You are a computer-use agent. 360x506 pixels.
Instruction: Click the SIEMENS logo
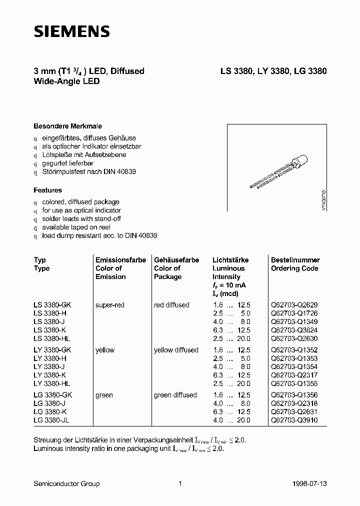point(71,31)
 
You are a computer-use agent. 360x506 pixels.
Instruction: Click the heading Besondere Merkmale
point(67,126)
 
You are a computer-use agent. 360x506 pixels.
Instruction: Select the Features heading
point(47,190)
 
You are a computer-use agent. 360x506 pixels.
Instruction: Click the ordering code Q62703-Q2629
point(294,305)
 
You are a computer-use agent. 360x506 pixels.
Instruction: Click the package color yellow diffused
point(176,350)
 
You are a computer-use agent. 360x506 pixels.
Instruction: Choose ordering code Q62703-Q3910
point(294,420)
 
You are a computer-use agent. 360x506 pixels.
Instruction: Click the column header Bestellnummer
point(295,260)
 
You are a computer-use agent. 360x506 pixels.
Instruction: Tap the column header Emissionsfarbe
point(120,260)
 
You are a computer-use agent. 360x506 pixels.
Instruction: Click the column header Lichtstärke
point(230,260)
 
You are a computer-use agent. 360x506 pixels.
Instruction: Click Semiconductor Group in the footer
point(66,483)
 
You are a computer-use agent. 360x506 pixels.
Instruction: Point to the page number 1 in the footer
point(179,483)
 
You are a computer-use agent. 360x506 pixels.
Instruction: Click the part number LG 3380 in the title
point(309,71)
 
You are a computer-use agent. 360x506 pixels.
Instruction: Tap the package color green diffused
point(175,395)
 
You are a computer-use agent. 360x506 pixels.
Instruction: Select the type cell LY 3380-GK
point(52,350)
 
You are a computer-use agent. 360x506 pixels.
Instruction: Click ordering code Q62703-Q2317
point(294,375)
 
